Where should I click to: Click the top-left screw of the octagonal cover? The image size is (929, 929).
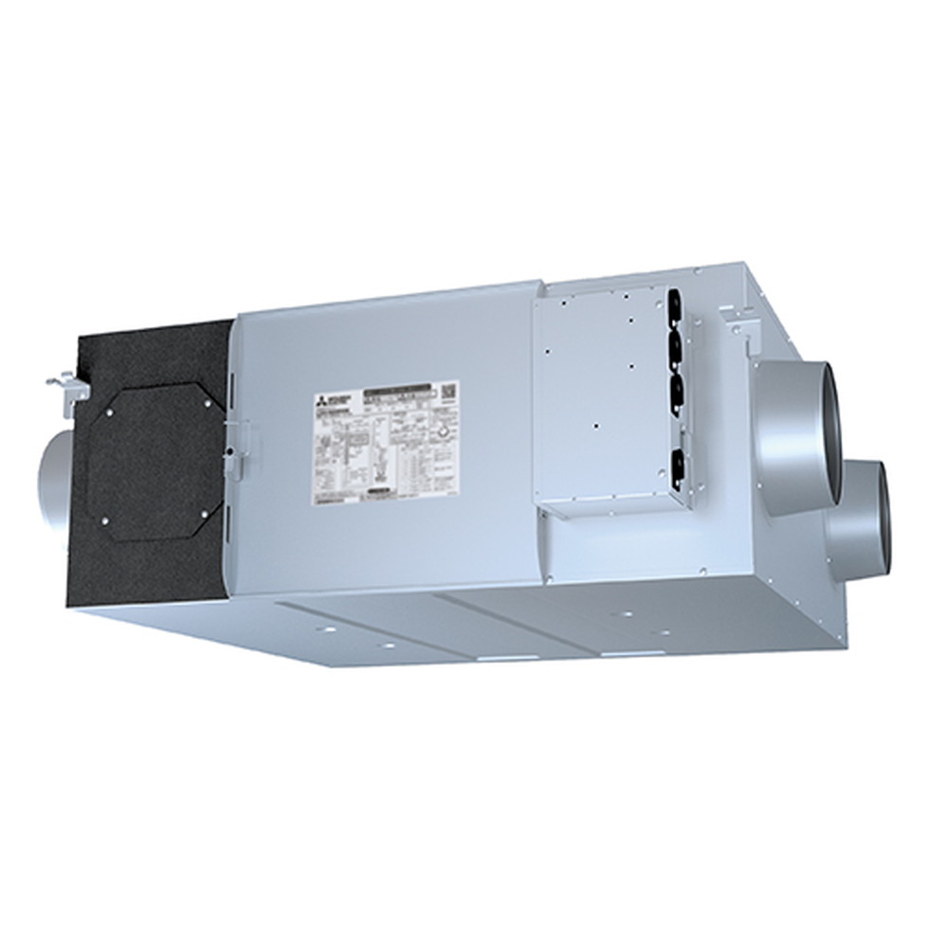tap(111, 412)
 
